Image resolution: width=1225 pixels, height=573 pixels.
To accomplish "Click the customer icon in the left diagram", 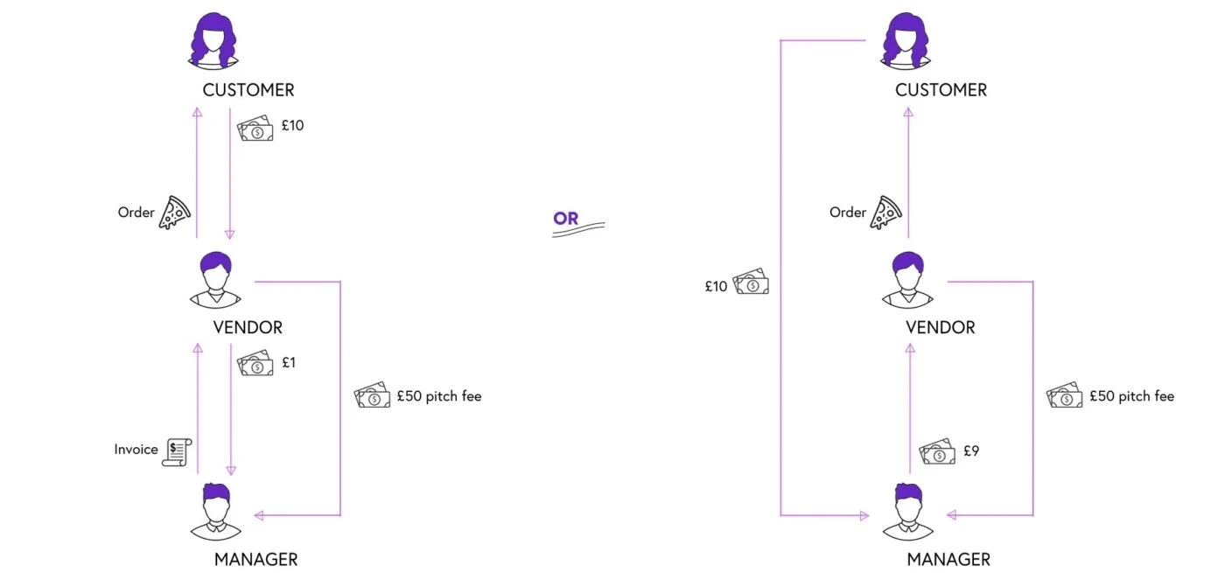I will [213, 42].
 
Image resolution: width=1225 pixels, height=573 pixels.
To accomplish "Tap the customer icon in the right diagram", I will [906, 42].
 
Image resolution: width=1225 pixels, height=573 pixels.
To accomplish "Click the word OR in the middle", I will [566, 218].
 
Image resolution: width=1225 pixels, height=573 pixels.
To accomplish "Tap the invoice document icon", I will [177, 450].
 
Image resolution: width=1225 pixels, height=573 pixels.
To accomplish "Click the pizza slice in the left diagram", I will [175, 213].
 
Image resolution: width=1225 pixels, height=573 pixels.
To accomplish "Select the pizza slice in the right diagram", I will [885, 213].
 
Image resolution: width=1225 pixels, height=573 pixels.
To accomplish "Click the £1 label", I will [288, 362].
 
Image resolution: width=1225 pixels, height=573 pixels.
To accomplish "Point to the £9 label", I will [971, 451].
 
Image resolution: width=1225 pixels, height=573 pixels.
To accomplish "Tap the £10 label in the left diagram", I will [292, 126].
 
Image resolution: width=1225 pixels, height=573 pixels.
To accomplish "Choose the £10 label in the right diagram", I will [716, 286].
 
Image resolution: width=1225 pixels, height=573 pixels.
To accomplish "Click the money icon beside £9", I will [937, 452].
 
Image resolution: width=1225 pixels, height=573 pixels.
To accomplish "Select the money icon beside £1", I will [255, 363].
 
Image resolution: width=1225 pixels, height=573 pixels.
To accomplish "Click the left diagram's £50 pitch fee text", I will [438, 396].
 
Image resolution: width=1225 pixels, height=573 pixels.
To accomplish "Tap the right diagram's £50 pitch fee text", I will [1131, 396].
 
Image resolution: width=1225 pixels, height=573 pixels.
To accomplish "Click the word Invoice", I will [136, 450].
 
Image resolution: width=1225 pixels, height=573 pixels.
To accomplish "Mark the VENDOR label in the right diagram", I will [940, 328].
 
